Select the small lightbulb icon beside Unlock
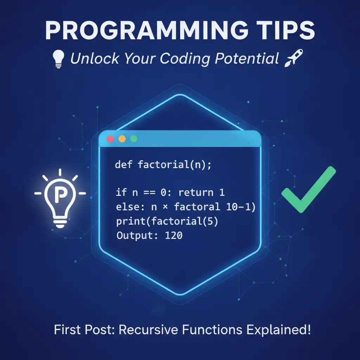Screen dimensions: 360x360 [x=58, y=59]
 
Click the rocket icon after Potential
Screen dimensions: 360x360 [x=294, y=58]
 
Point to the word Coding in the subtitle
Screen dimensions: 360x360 [x=185, y=59]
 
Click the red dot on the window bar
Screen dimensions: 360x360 [x=110, y=139]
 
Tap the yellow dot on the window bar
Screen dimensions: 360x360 [x=122, y=139]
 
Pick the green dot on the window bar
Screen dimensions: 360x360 [x=134, y=139]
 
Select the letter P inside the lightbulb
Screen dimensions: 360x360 [x=60, y=194]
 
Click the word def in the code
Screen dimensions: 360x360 [x=123, y=165]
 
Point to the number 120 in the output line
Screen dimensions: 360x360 [x=174, y=236]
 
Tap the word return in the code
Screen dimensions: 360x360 [x=196, y=192]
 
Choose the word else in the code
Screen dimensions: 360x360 [x=130, y=207]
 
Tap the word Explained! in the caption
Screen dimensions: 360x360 [x=278, y=330]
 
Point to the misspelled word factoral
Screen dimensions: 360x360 [x=197, y=207]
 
